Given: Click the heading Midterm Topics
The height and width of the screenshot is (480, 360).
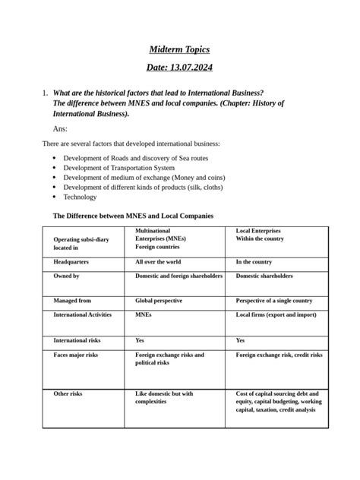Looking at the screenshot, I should pyautogui.click(x=179, y=49).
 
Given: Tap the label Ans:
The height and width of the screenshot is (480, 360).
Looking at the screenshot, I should pyautogui.click(x=61, y=129).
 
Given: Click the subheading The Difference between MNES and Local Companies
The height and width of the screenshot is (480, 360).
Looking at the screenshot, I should pyautogui.click(x=133, y=216).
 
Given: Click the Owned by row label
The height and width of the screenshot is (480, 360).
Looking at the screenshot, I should pyautogui.click(x=66, y=276).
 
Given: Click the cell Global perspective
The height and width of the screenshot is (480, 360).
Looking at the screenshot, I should pyautogui.click(x=158, y=301).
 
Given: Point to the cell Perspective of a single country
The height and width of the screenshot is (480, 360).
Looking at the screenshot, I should pyautogui.click(x=273, y=301).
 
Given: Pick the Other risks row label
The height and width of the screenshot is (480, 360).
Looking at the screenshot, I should pyautogui.click(x=68, y=394).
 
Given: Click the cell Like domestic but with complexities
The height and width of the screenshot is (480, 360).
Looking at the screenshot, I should pyautogui.click(x=164, y=398).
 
